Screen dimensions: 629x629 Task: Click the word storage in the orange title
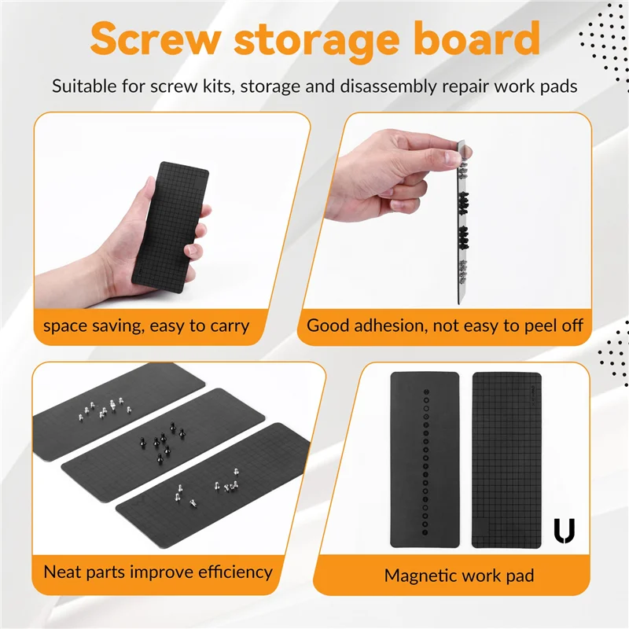tap(321, 39)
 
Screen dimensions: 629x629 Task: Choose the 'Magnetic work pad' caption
tap(459, 576)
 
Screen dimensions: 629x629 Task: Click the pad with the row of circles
tap(425, 460)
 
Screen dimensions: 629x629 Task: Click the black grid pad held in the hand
tap(167, 223)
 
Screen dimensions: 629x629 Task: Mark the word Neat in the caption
tap(64, 572)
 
